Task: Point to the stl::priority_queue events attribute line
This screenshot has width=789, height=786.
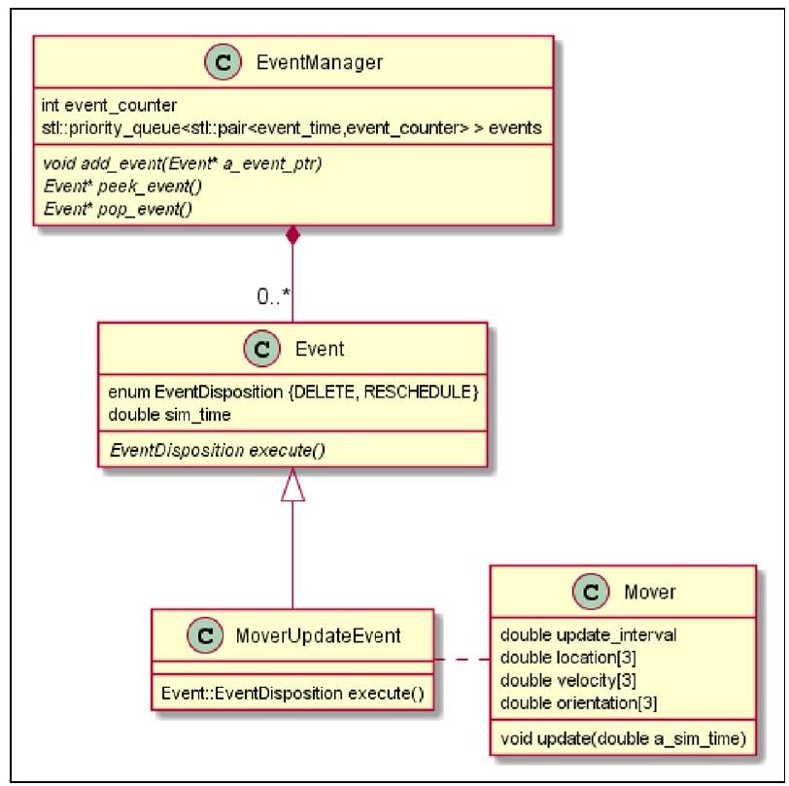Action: tap(291, 126)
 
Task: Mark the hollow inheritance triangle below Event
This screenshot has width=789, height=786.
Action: tap(292, 486)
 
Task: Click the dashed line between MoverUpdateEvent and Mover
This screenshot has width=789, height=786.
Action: tap(461, 660)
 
